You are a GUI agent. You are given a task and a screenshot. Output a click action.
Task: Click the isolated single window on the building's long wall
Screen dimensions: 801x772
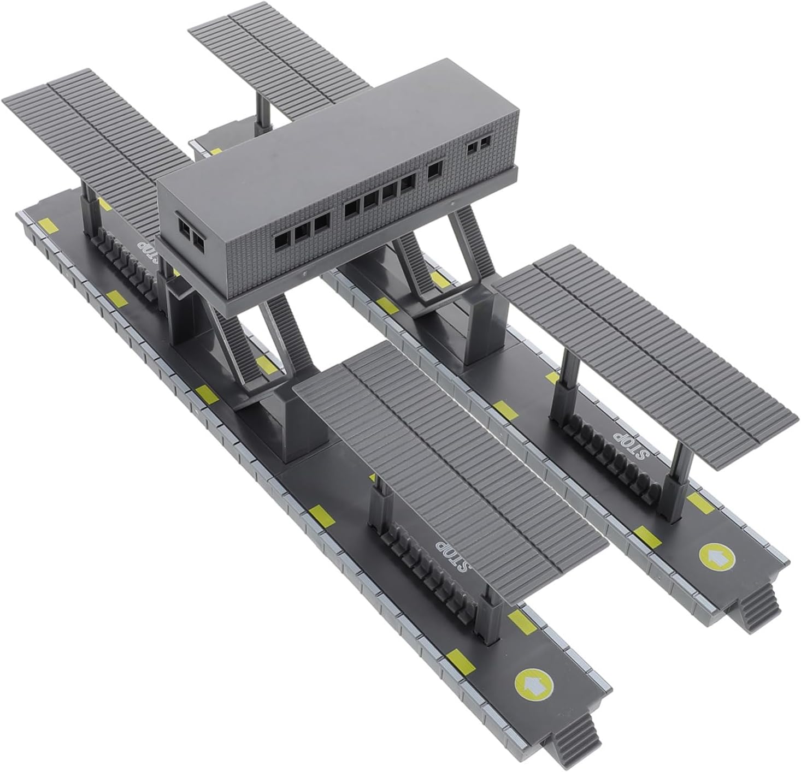click(435, 169)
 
